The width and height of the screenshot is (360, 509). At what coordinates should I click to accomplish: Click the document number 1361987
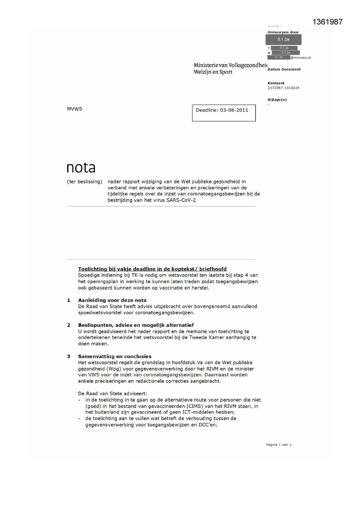[328, 22]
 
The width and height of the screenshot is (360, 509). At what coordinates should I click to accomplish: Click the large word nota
[81, 168]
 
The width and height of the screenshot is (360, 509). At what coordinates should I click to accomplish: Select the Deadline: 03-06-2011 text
[222, 110]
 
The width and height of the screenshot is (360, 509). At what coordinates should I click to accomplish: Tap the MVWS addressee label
[75, 109]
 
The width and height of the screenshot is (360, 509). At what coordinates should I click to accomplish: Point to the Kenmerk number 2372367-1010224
[283, 88]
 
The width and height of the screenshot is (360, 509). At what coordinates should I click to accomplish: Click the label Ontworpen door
[283, 32]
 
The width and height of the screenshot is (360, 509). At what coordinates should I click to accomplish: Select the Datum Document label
[284, 69]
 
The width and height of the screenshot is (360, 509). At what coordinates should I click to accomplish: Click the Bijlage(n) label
[277, 100]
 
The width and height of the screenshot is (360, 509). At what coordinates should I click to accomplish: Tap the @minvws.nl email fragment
[301, 57]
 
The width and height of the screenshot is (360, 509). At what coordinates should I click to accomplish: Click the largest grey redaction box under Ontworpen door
[283, 39]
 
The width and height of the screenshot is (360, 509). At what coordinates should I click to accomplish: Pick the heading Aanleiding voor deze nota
[112, 300]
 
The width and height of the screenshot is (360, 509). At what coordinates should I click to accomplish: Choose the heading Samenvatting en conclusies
[115, 356]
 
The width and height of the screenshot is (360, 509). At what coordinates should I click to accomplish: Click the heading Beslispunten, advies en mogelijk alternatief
[136, 325]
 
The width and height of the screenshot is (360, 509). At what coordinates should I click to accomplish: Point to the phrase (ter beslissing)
[84, 182]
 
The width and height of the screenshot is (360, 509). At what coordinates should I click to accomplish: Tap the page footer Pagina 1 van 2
[279, 445]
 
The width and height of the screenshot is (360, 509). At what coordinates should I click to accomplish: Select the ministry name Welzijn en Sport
[213, 72]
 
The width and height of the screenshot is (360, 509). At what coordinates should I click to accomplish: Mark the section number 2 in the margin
[69, 325]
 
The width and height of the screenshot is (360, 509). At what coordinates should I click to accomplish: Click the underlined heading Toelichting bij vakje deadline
[152, 269]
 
